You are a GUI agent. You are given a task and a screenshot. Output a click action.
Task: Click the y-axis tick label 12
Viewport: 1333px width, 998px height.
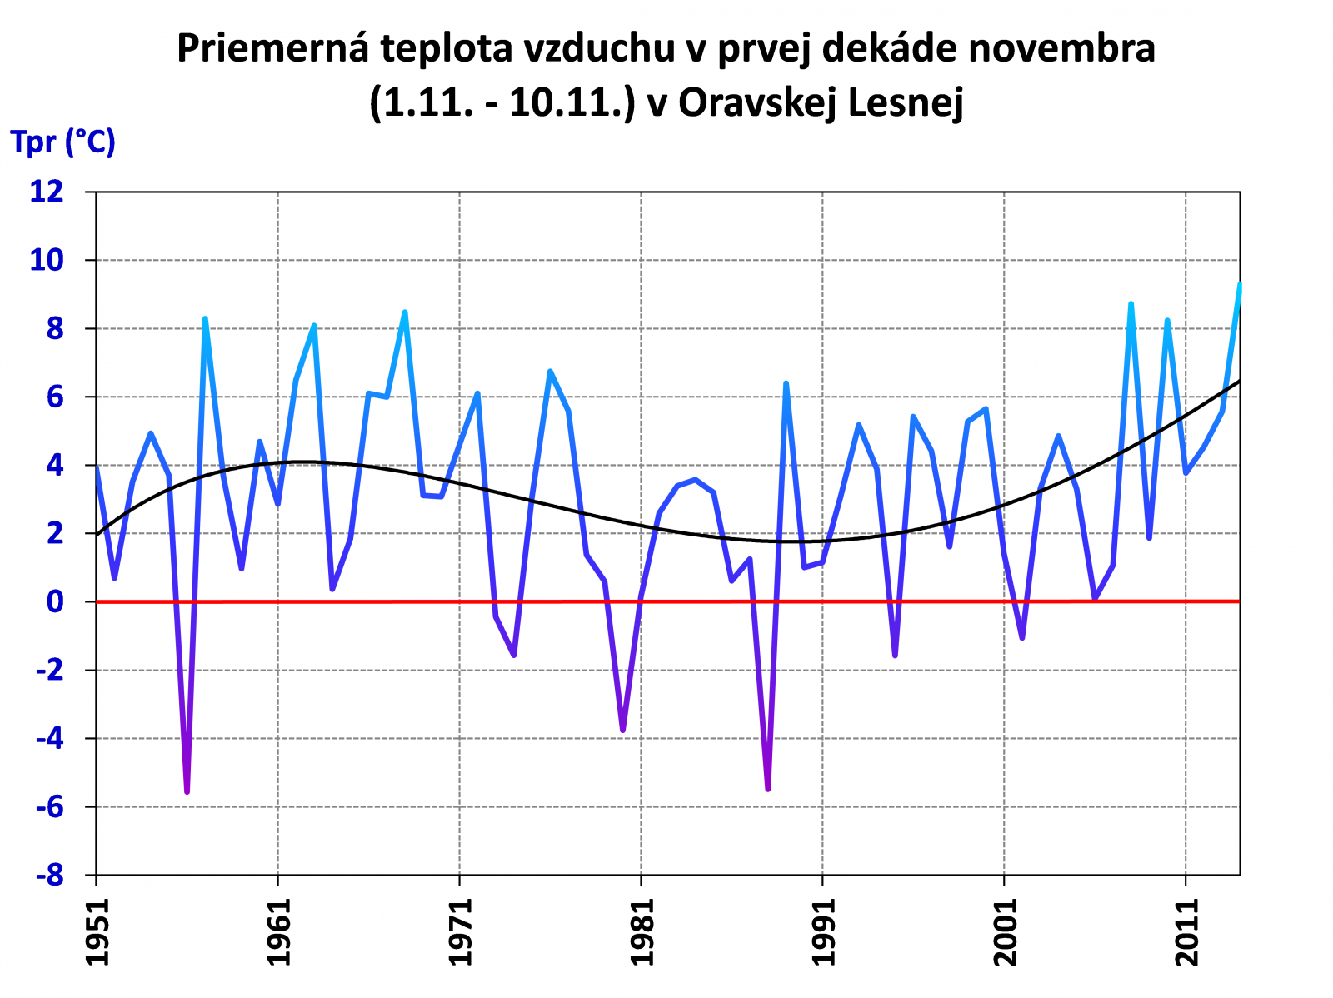47,192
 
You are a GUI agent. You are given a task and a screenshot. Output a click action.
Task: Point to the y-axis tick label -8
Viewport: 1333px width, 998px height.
49,876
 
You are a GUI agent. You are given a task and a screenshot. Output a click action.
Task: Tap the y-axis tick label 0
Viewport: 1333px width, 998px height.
55,601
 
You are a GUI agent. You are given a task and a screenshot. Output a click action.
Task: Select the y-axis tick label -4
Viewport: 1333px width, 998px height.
49,738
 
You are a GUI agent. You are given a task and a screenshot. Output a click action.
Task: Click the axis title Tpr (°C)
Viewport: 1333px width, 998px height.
63,142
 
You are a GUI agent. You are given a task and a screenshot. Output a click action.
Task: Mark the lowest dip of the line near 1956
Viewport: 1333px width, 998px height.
187,791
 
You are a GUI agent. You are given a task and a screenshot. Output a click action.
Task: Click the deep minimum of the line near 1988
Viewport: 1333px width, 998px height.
768,788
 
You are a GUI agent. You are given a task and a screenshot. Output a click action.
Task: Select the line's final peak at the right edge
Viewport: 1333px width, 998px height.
1240,286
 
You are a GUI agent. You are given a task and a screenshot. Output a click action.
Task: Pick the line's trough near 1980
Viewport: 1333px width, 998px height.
622,730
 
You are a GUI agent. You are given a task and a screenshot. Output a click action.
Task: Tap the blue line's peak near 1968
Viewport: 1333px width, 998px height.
405,312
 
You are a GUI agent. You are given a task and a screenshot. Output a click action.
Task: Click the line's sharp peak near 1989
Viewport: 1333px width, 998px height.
786,383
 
